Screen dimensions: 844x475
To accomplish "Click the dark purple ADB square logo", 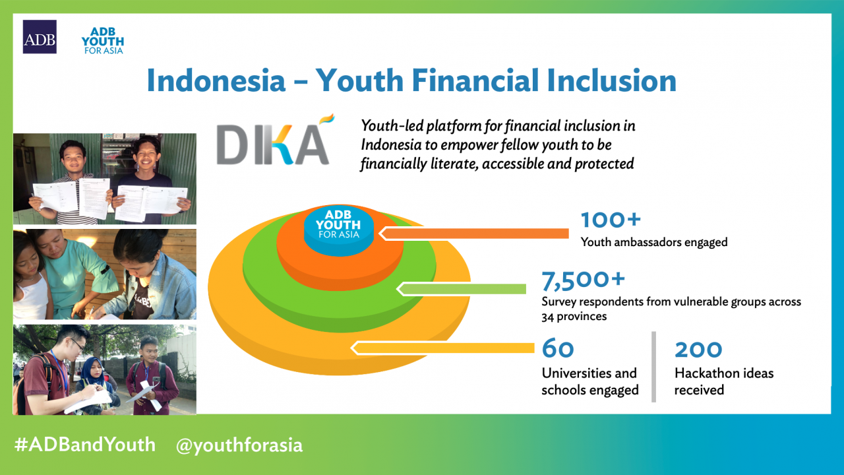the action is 40,36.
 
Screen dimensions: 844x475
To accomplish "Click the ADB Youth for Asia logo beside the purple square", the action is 103,41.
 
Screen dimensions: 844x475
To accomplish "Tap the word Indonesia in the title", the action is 216,80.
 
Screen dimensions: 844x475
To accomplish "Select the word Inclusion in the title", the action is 611,80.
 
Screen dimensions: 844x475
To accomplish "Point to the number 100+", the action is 611,220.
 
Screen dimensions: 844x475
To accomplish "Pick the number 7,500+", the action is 584,280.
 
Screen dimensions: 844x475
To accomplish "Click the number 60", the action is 558,348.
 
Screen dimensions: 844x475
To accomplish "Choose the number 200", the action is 698,350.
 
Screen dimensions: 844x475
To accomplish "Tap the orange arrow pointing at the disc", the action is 473,234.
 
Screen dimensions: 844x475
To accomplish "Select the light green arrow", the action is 461,289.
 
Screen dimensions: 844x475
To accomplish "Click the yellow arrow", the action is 442,348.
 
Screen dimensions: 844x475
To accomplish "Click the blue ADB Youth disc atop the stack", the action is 339,231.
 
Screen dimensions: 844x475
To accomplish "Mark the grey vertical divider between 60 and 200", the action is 653,367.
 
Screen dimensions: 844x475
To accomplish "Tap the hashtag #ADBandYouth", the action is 85,445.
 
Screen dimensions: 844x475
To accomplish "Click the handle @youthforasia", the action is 239,445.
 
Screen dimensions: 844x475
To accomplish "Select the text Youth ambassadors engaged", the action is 654,242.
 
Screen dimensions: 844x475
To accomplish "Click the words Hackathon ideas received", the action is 724,381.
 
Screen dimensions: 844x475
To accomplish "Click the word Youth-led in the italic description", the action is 392,126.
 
